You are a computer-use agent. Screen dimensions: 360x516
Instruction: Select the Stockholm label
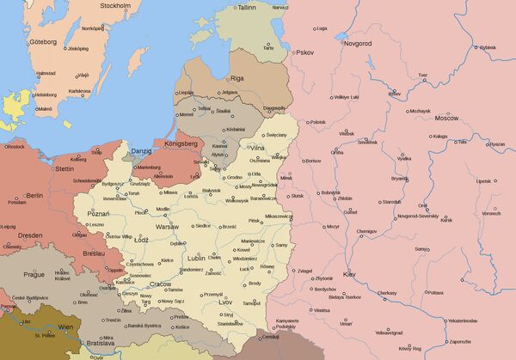pos(114,6)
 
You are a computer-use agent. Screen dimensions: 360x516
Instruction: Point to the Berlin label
pos(34,196)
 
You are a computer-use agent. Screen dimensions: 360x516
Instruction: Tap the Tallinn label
pos(247,7)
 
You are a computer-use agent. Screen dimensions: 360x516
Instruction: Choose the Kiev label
pos(350,273)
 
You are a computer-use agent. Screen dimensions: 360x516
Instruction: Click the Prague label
pos(34,274)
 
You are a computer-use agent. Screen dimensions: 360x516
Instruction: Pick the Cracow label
pos(159,284)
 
